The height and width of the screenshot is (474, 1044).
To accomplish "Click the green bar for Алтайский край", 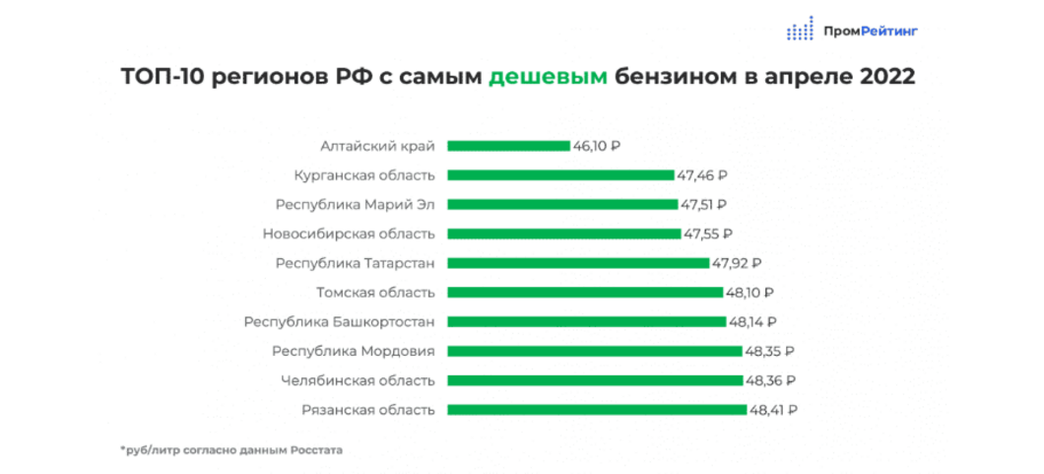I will pyautogui.click(x=508, y=146).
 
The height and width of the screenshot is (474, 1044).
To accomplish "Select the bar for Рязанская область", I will pyautogui.click(x=597, y=410).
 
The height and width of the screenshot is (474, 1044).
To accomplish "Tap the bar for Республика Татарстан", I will pyautogui.click(x=578, y=263).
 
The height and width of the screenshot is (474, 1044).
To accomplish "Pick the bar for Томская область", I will pyautogui.click(x=585, y=293).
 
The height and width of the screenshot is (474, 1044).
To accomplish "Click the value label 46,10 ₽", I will pyautogui.click(x=597, y=146).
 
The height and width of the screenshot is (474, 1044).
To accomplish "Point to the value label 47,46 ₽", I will pyautogui.click(x=701, y=175).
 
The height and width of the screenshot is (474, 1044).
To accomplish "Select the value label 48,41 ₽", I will pyautogui.click(x=773, y=410).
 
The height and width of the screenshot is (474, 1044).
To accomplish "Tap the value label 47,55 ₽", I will pyautogui.click(x=708, y=235).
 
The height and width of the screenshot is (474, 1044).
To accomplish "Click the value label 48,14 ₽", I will pyautogui.click(x=753, y=322).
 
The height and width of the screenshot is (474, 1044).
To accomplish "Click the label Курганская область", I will pyautogui.click(x=364, y=175).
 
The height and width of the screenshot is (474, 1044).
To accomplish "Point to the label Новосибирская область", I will pyautogui.click(x=349, y=235).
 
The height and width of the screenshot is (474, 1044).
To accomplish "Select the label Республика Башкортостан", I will pyautogui.click(x=340, y=322).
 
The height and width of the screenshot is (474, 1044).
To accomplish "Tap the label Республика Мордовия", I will pyautogui.click(x=354, y=351).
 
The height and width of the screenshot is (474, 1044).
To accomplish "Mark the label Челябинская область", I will pyautogui.click(x=358, y=380).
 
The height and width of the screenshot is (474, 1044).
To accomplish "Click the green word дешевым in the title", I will pyautogui.click(x=548, y=78).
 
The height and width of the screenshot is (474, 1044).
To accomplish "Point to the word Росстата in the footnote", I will pyautogui.click(x=315, y=450).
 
